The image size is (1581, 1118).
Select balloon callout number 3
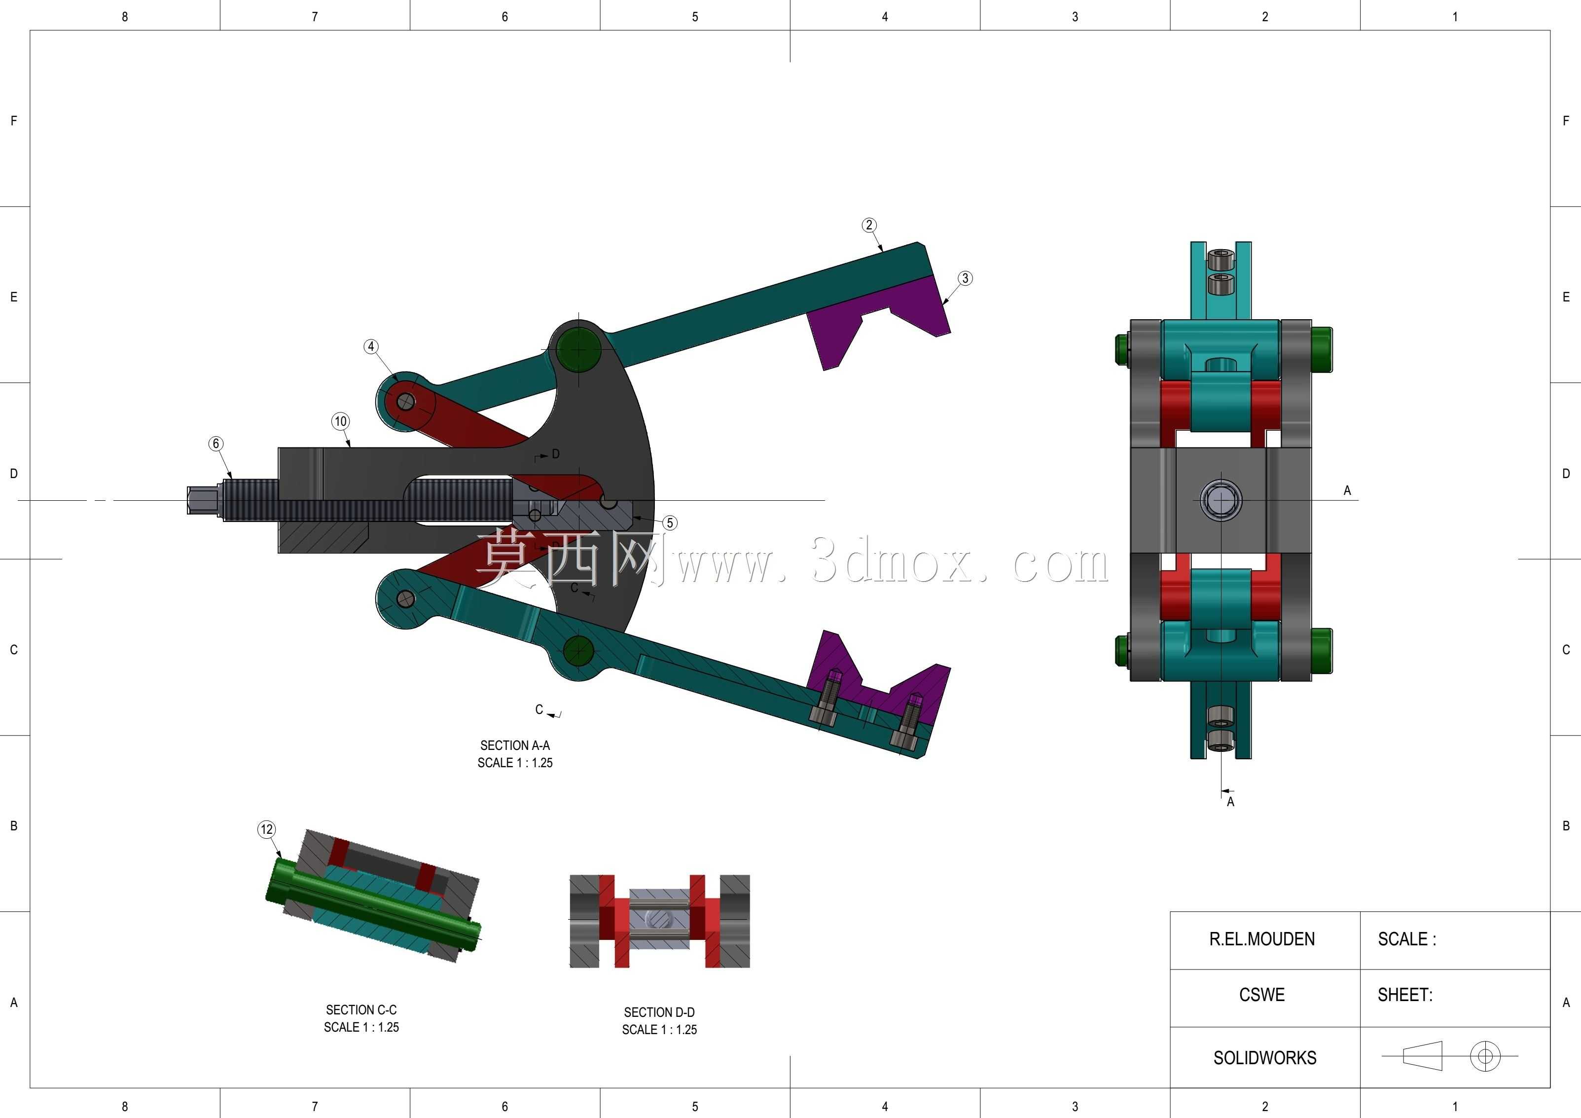pos(966,278)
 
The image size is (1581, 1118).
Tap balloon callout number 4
pos(371,346)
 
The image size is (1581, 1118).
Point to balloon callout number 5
pos(669,523)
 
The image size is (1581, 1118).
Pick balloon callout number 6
pos(216,444)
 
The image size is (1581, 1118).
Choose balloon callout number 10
pos(341,421)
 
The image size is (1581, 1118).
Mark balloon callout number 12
pos(266,829)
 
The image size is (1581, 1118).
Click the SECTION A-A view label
pos(515,745)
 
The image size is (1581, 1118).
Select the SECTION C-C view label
pos(361,1010)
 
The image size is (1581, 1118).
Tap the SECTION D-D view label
pos(660,1012)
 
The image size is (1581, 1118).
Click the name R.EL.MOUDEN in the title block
pos(1262,939)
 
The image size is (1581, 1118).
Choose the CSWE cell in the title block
pos(1262,995)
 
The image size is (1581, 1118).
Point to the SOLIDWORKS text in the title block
pos(1265,1057)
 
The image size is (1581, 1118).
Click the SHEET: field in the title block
pos(1405,995)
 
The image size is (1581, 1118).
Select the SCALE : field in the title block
pos(1407,939)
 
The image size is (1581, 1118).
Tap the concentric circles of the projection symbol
pos(1485,1055)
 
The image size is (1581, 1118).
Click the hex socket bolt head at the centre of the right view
pos(1221,499)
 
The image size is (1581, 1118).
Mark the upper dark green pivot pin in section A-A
pos(578,350)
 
